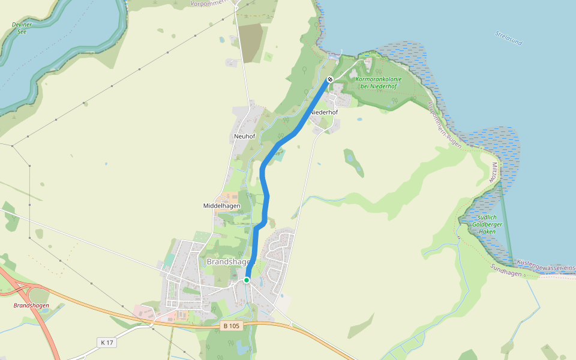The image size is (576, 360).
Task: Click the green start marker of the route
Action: (x=247, y=280)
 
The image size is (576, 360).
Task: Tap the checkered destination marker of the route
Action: (x=329, y=80)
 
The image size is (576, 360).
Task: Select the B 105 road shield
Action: (x=231, y=326)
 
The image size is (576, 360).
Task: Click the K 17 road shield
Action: (x=107, y=342)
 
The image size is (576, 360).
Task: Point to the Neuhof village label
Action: (x=244, y=137)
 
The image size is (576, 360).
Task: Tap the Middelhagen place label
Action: (x=221, y=206)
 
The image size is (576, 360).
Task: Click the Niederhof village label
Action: (x=323, y=112)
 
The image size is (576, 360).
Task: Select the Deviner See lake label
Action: (x=22, y=28)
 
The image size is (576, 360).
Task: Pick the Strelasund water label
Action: (x=509, y=38)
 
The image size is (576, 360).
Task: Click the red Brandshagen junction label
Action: (x=31, y=305)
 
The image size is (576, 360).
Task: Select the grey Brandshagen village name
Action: (x=230, y=262)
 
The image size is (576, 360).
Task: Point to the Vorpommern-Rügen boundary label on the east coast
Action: (x=444, y=126)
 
